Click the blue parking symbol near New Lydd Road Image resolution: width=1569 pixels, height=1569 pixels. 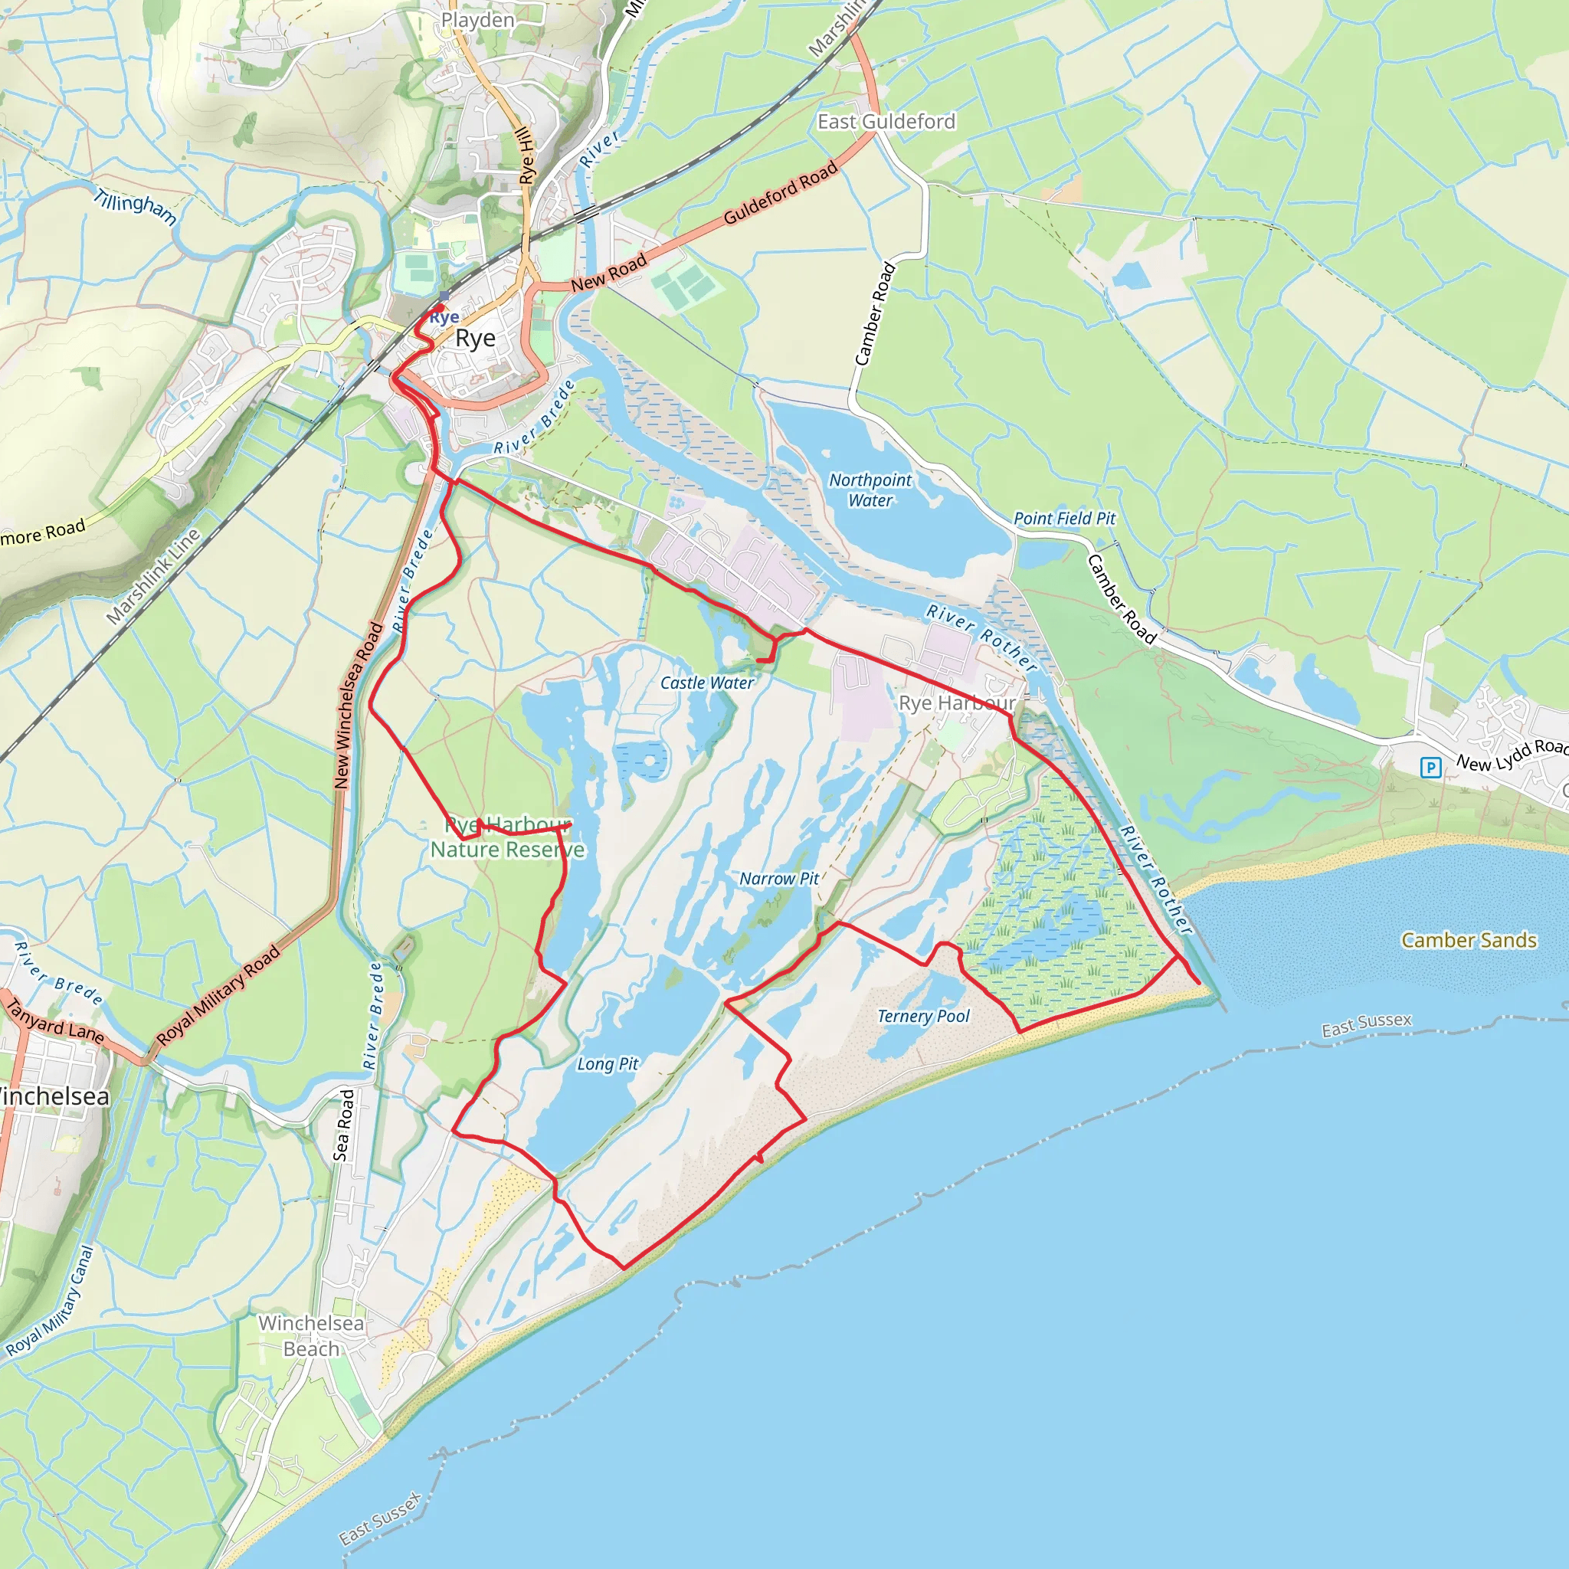pyautogui.click(x=1430, y=768)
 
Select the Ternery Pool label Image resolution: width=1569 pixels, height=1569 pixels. pyautogui.click(x=923, y=1016)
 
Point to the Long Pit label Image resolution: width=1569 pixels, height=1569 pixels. pyautogui.click(x=608, y=1064)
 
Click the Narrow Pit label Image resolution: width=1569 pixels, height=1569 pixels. pyautogui.click(x=779, y=879)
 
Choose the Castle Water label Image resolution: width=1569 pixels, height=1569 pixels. pyautogui.click(x=706, y=683)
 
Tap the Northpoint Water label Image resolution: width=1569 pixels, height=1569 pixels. pyautogui.click(x=870, y=490)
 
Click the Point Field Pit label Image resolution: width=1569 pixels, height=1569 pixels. pyautogui.click(x=1065, y=518)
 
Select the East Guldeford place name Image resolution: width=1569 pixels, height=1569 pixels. pyautogui.click(x=886, y=122)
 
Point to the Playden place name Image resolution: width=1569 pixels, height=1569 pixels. pyautogui.click(x=477, y=21)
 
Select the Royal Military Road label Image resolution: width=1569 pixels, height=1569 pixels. pyautogui.click(x=218, y=996)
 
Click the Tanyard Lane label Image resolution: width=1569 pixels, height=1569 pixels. pyautogui.click(x=55, y=1020)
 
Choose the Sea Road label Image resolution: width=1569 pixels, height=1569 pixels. pyautogui.click(x=343, y=1125)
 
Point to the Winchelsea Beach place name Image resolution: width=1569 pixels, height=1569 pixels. pyautogui.click(x=311, y=1336)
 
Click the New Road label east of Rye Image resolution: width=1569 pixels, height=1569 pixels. pyautogui.click(x=608, y=272)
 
